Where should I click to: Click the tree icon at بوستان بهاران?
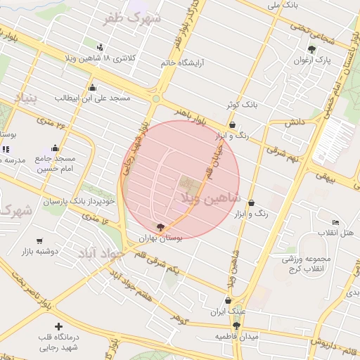160,228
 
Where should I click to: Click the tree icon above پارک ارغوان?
312,49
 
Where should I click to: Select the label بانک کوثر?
242,105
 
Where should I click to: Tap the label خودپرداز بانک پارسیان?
79,202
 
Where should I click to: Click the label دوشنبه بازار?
35,251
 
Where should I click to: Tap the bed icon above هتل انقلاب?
336,222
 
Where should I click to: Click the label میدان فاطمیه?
237,337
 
